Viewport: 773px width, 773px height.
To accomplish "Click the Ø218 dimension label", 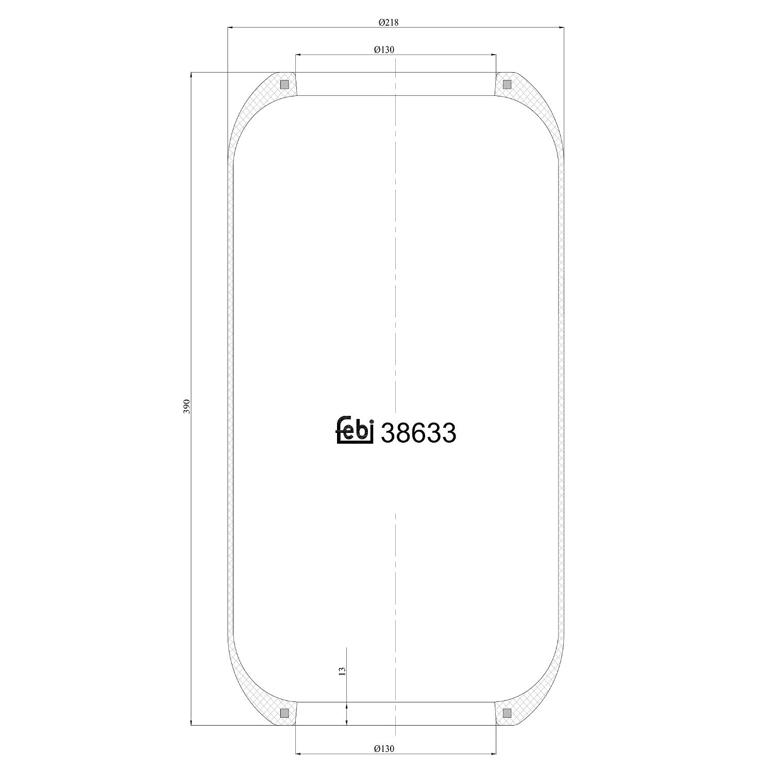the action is click(x=389, y=22).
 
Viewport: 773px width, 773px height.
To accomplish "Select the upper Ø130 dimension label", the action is click(x=384, y=49).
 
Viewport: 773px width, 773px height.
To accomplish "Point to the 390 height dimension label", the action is click(x=187, y=406).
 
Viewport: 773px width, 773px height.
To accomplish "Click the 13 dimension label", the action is click(x=342, y=670).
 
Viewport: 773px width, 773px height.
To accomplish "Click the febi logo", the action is click(x=355, y=429).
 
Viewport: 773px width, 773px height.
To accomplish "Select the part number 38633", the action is click(x=418, y=433).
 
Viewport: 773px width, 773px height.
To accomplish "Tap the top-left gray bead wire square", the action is click(x=284, y=85).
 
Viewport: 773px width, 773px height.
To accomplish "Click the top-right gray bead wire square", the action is click(x=507, y=85).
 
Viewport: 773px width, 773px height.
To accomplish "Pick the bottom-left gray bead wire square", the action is click(x=284, y=713).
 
